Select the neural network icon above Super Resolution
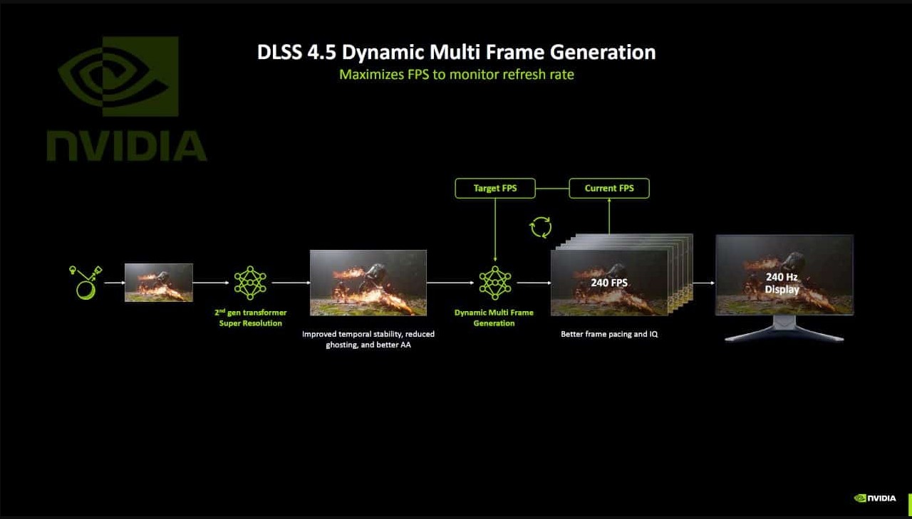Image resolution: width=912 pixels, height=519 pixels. (x=250, y=283)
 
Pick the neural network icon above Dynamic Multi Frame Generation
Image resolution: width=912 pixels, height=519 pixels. (x=495, y=283)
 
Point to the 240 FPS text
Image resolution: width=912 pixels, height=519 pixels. (x=609, y=283)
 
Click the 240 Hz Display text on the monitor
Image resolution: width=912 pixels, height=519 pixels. (x=782, y=283)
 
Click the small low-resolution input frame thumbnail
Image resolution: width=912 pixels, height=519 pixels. (x=159, y=282)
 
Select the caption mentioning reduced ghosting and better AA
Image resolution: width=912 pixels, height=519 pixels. (x=368, y=339)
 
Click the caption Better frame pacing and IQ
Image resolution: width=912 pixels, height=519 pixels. (x=609, y=334)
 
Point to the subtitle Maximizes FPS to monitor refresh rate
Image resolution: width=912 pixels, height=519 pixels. (x=457, y=75)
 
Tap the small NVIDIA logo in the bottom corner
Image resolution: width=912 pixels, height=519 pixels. (x=875, y=498)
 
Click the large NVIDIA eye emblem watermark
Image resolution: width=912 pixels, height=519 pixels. (x=118, y=76)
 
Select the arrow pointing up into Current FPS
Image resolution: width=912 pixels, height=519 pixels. (x=609, y=216)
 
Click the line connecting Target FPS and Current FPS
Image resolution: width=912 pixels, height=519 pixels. (x=552, y=189)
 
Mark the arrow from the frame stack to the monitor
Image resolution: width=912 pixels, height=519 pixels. (x=703, y=283)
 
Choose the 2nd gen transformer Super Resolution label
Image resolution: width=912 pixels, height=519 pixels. (x=250, y=318)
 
